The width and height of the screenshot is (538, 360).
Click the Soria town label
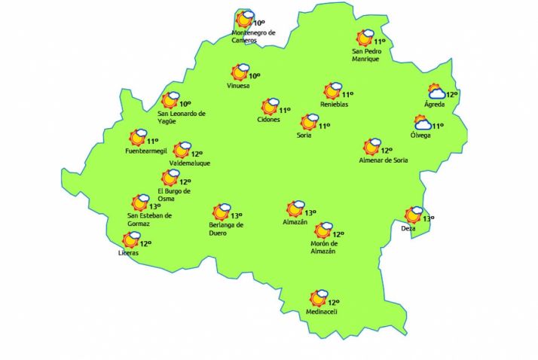[304, 135]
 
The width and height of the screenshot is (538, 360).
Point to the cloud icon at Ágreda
[436, 93]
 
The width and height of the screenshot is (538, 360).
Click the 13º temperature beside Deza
[428, 218]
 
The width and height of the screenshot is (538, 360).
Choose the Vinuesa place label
[239, 86]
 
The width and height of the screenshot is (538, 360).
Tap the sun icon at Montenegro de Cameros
[244, 20]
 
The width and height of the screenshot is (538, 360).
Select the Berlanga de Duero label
[226, 229]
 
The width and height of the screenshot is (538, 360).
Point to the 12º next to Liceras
[146, 243]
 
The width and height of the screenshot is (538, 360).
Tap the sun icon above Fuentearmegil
[138, 137]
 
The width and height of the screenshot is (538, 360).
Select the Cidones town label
[268, 120]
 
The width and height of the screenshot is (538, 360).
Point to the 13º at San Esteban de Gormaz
[154, 206]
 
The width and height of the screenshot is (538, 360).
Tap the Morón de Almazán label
[322, 247]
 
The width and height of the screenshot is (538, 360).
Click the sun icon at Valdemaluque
[181, 151]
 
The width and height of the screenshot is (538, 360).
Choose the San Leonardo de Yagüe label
[182, 117]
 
